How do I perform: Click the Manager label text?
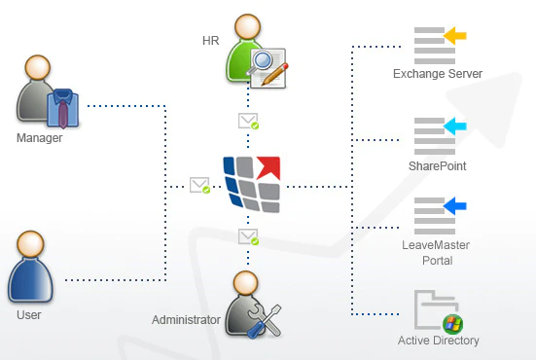click(x=39, y=138)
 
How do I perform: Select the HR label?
click(x=210, y=41)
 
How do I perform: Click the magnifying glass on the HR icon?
click(x=260, y=62)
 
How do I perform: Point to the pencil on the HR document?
click(x=274, y=74)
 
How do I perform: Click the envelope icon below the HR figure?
click(x=248, y=121)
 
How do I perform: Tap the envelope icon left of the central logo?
click(x=199, y=185)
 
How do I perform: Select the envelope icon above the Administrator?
click(x=248, y=236)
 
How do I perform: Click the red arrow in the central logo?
click(x=269, y=167)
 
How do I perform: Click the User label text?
click(x=29, y=315)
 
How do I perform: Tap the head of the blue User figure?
click(x=30, y=244)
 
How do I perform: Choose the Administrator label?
click(x=186, y=320)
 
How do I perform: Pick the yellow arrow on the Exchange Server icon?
click(x=455, y=35)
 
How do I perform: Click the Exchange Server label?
click(x=438, y=74)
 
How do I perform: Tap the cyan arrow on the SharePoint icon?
click(x=455, y=126)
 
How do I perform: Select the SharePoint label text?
click(x=437, y=166)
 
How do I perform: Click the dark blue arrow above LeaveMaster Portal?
click(x=455, y=206)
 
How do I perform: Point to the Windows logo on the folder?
click(x=452, y=324)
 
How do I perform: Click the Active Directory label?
click(x=438, y=341)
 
